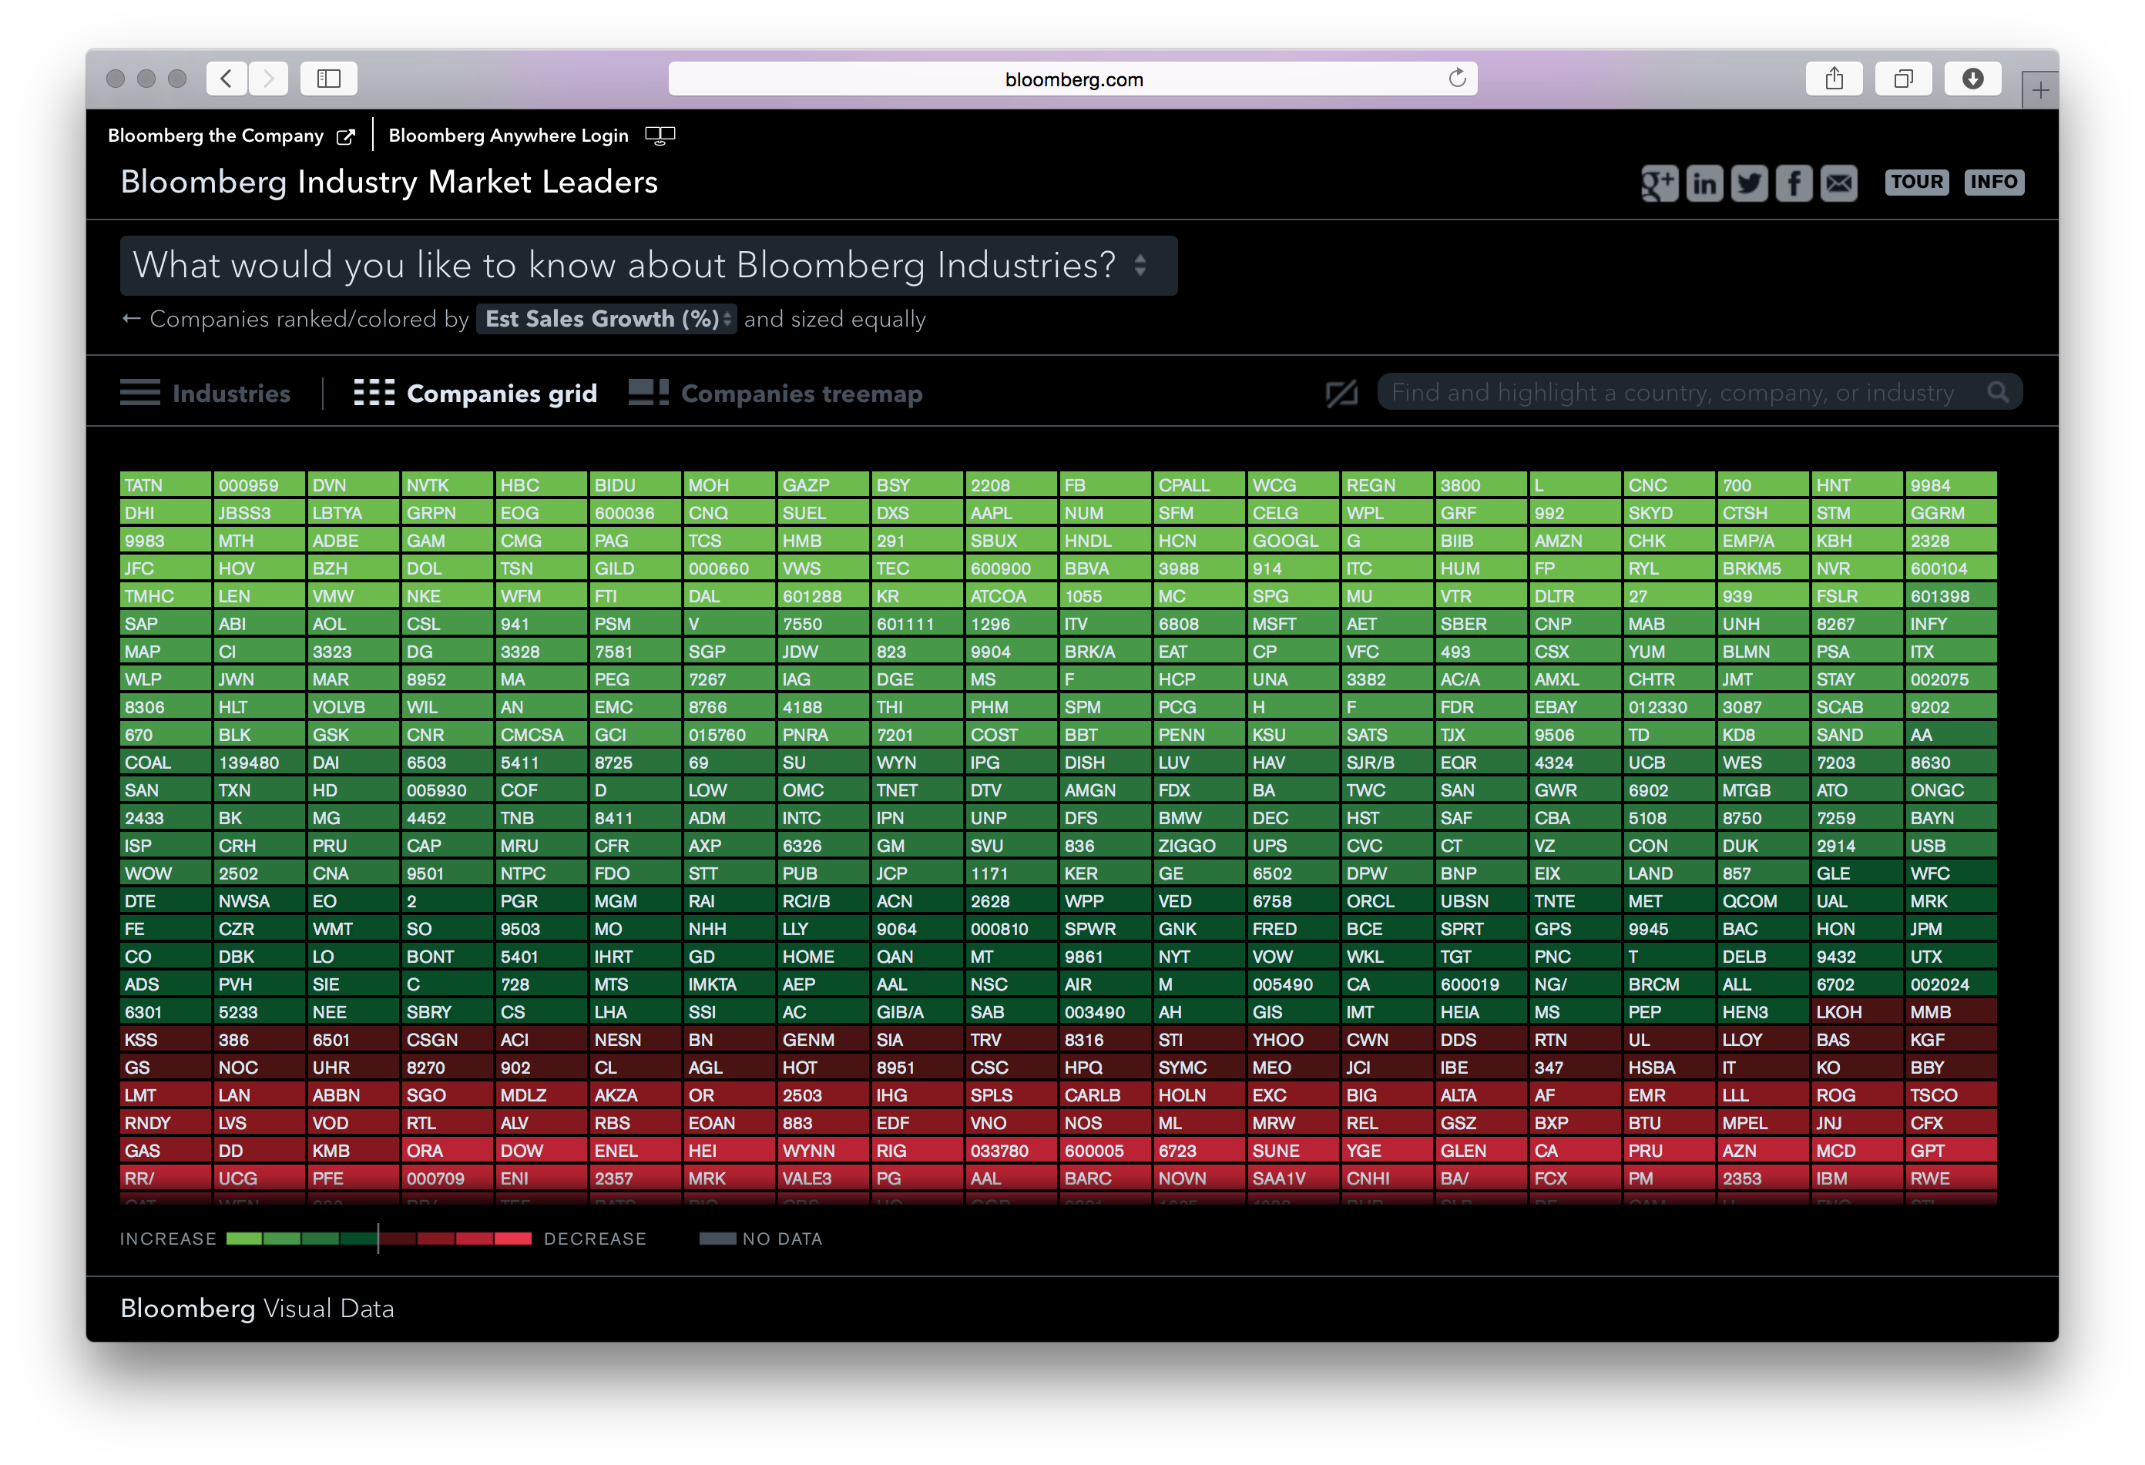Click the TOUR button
[x=1916, y=182]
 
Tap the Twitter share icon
[x=1749, y=183]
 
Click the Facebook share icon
[x=1794, y=183]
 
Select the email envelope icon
[x=1838, y=183]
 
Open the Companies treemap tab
[x=776, y=393]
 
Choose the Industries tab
[x=206, y=393]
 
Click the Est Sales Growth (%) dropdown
[x=606, y=319]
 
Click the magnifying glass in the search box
[x=1997, y=392]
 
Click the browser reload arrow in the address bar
[x=1456, y=79]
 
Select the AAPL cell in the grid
[x=1011, y=513]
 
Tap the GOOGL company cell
[x=1292, y=541]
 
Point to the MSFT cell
[x=1292, y=624]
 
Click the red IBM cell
[x=1856, y=1178]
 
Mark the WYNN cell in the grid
[x=822, y=1151]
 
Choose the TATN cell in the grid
[x=164, y=485]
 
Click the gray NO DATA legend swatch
[x=717, y=1238]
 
